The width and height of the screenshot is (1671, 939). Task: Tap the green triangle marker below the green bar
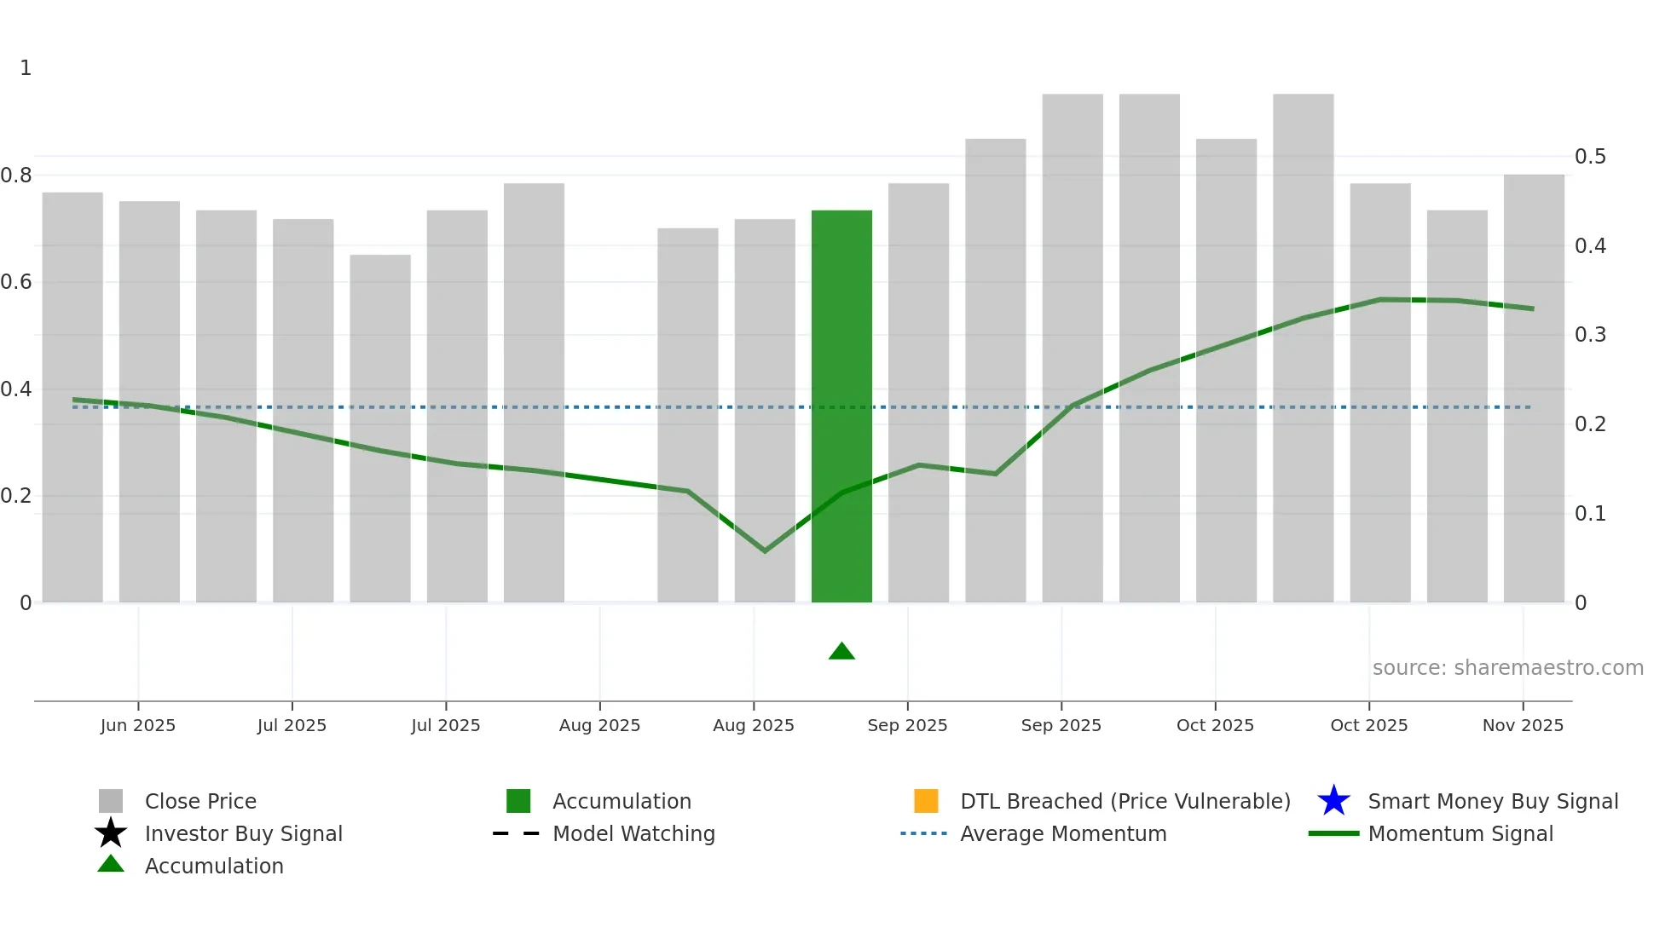click(x=841, y=652)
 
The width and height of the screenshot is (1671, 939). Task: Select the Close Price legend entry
click(x=200, y=801)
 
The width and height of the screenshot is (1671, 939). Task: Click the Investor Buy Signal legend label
click(x=243, y=833)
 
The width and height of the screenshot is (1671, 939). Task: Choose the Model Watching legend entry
click(x=633, y=833)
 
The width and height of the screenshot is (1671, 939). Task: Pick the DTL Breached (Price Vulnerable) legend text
click(x=1125, y=801)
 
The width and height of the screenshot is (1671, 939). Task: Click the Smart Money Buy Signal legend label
click(x=1493, y=801)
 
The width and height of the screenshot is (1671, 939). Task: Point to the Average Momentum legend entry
click(x=1063, y=833)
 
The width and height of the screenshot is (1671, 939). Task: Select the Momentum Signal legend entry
click(x=1460, y=833)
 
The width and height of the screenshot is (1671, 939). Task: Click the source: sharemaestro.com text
click(x=1507, y=667)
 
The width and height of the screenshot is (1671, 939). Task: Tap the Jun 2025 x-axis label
click(x=138, y=725)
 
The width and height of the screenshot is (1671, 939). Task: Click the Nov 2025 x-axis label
click(x=1523, y=725)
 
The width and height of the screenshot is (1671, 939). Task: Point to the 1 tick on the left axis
click(x=26, y=68)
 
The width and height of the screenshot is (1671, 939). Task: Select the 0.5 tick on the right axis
click(x=1590, y=157)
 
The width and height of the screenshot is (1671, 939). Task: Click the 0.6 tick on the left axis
click(x=16, y=282)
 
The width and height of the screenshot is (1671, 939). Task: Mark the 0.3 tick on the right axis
click(x=1590, y=335)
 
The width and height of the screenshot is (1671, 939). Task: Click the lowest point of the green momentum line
click(x=765, y=551)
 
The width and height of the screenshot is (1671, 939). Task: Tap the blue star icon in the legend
click(x=1333, y=801)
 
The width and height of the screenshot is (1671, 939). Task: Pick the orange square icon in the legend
click(x=926, y=801)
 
